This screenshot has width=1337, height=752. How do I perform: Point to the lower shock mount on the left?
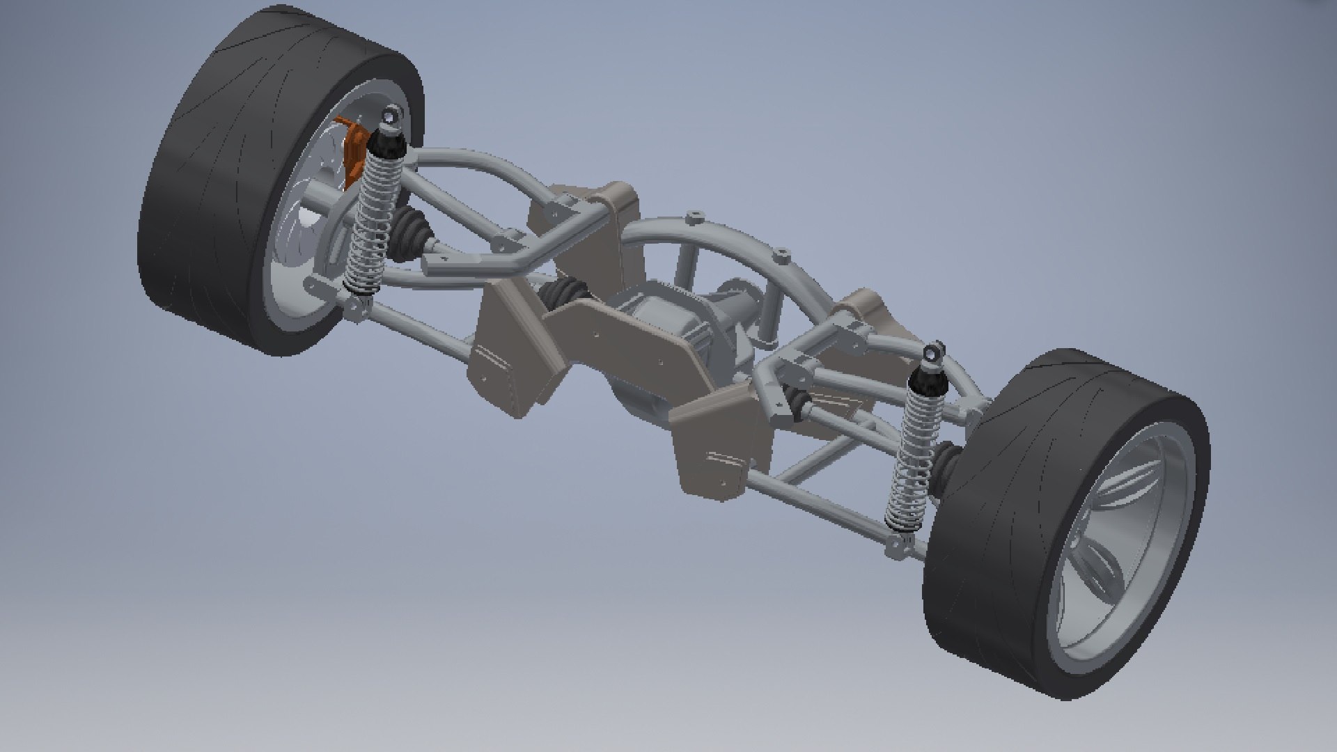point(357,306)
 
